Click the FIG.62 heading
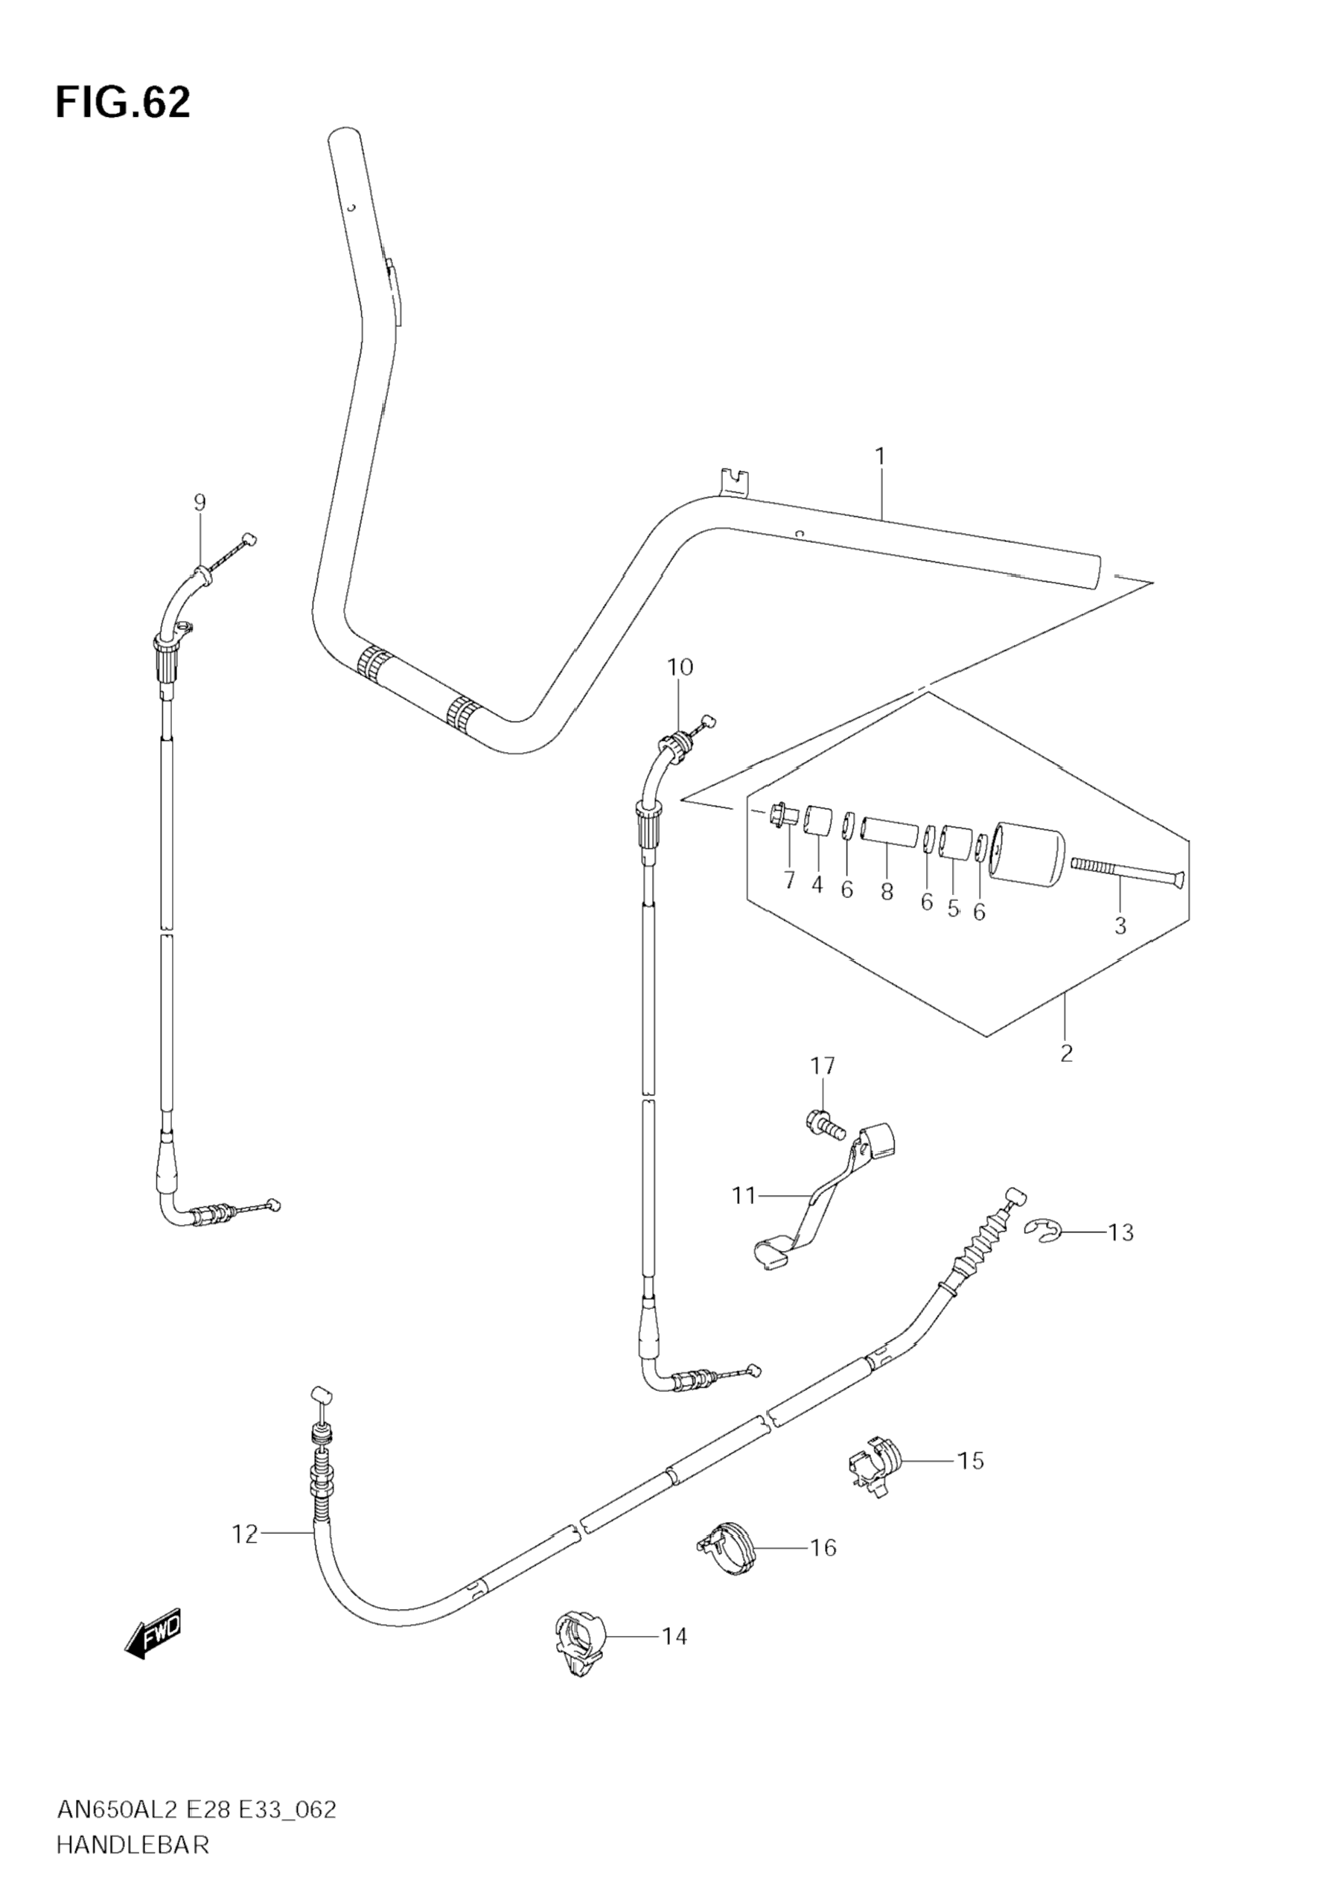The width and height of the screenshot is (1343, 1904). click(123, 103)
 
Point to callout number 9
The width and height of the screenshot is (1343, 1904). click(199, 503)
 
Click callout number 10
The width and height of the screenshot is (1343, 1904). click(680, 666)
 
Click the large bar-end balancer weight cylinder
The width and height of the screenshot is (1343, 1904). click(1028, 853)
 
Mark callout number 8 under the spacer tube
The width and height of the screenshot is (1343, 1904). click(887, 892)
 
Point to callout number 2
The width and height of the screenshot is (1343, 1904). click(1066, 1053)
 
